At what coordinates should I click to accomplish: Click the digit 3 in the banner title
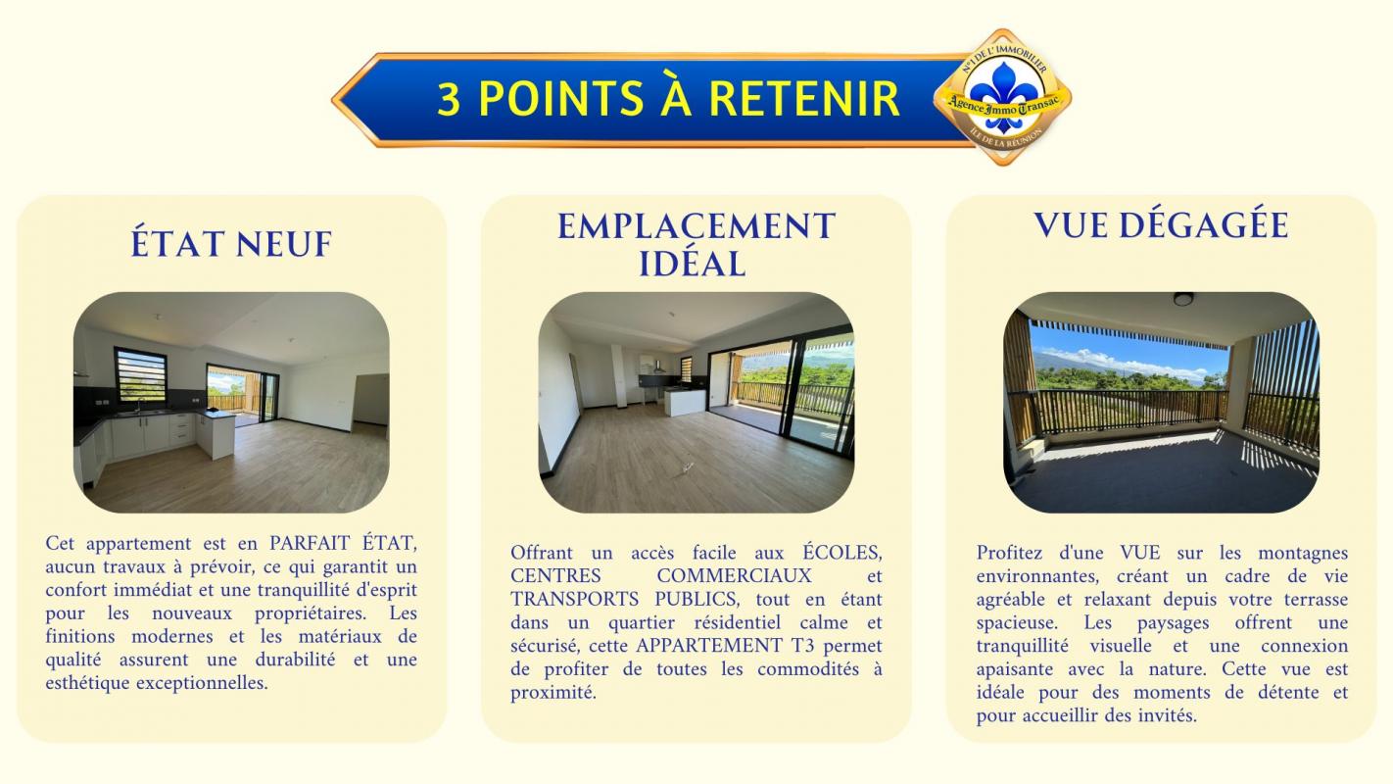(449, 99)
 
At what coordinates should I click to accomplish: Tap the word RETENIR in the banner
(804, 98)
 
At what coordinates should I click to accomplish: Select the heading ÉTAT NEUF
(231, 243)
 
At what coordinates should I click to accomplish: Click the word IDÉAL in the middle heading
(693, 264)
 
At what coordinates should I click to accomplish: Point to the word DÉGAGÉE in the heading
(1203, 224)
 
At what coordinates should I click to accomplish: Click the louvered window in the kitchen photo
(140, 375)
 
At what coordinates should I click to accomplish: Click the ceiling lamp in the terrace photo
(1183, 299)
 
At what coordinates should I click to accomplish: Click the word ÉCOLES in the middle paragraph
(842, 552)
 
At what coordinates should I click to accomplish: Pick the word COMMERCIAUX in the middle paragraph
(734, 575)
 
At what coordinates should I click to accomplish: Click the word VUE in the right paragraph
(1140, 553)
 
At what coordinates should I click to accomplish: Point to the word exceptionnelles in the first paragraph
(202, 683)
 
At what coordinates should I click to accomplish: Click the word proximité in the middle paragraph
(553, 693)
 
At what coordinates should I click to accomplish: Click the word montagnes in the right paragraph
(1304, 553)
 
